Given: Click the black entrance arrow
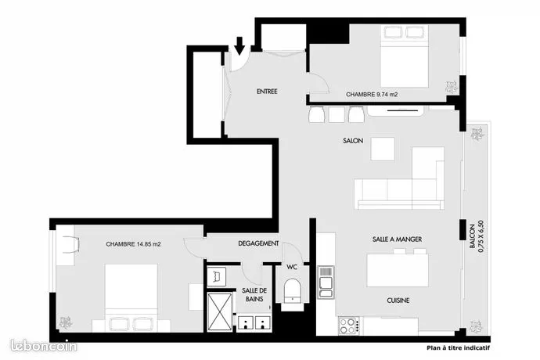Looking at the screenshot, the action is pos(239,46).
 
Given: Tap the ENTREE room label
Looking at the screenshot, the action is pos(267,92).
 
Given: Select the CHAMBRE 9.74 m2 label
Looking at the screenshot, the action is pos(372,94).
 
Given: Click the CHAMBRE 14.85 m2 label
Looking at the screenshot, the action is pos(133,244).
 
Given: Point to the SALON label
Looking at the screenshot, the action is pos(353,141).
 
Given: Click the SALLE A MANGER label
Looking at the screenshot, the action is pos(397,239).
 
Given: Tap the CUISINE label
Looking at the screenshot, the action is pos(398,301).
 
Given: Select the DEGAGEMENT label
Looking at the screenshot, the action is pos(258,243).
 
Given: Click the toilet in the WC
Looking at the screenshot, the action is pos(293,291).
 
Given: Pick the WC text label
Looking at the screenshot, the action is pos(292,267).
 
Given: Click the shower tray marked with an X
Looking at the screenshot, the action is pos(220,312).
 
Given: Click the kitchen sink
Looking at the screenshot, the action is pos(326,283).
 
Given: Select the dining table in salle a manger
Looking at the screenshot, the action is pos(398,271).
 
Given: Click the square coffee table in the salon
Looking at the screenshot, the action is pos(383,149).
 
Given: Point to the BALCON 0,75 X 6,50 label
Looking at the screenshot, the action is pos(477,236).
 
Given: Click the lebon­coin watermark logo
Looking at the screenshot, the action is pos(43,346).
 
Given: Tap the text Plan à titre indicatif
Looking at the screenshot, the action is pos(458,348).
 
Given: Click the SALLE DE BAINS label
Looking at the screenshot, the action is pos(254,295).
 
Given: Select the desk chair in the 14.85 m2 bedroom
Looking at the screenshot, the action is pos(72,245).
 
